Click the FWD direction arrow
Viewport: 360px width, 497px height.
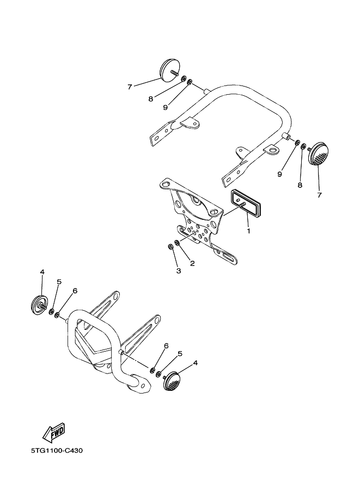tap(54, 433)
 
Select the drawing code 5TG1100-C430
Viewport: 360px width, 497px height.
tap(57, 450)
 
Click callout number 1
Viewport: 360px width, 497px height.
tap(249, 231)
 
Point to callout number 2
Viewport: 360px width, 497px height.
tap(192, 263)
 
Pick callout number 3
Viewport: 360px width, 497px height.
tap(179, 271)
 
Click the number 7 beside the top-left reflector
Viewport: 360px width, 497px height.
tap(130, 87)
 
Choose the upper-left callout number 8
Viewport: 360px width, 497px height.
tap(151, 99)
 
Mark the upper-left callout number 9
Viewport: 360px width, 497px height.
tap(165, 108)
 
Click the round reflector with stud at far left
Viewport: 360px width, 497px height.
tap(39, 305)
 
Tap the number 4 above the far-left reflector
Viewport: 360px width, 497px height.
tap(42, 272)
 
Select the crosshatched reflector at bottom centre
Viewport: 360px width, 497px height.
tap(172, 381)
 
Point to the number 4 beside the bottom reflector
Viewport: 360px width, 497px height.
tap(196, 363)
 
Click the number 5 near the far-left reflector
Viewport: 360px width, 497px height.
tap(59, 282)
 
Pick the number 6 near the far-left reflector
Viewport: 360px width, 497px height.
tap(75, 291)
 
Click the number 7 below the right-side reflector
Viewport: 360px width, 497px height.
tap(319, 195)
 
